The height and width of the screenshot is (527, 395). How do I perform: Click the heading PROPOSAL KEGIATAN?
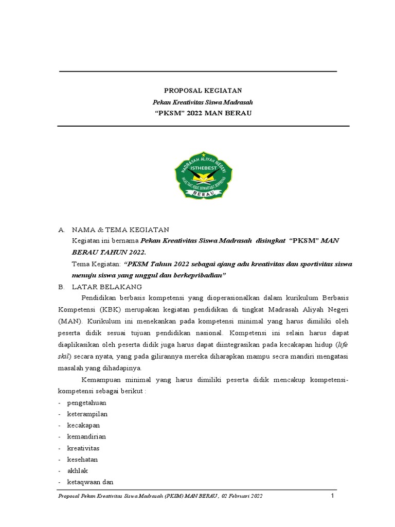click(x=203, y=91)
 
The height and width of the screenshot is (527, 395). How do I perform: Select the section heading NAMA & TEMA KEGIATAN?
click(x=120, y=230)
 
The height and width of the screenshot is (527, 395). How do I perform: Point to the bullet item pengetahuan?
click(x=86, y=402)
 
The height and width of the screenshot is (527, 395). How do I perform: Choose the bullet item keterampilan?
click(x=87, y=414)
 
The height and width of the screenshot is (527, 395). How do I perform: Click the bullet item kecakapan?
click(x=83, y=425)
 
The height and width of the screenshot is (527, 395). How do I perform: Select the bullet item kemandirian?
click(x=86, y=436)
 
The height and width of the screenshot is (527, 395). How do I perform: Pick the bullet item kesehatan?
click(x=82, y=459)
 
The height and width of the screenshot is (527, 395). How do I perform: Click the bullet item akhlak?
click(x=77, y=470)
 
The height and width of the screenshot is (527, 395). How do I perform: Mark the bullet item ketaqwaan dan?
click(x=90, y=482)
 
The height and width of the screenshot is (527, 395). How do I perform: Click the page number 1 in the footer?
click(x=333, y=496)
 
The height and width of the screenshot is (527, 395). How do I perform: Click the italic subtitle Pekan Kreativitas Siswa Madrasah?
click(x=203, y=102)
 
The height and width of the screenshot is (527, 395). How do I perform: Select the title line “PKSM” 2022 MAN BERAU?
click(x=203, y=113)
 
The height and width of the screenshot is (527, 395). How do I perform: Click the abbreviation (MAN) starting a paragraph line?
click(x=68, y=320)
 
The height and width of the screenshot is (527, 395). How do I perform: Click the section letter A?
click(x=61, y=230)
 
